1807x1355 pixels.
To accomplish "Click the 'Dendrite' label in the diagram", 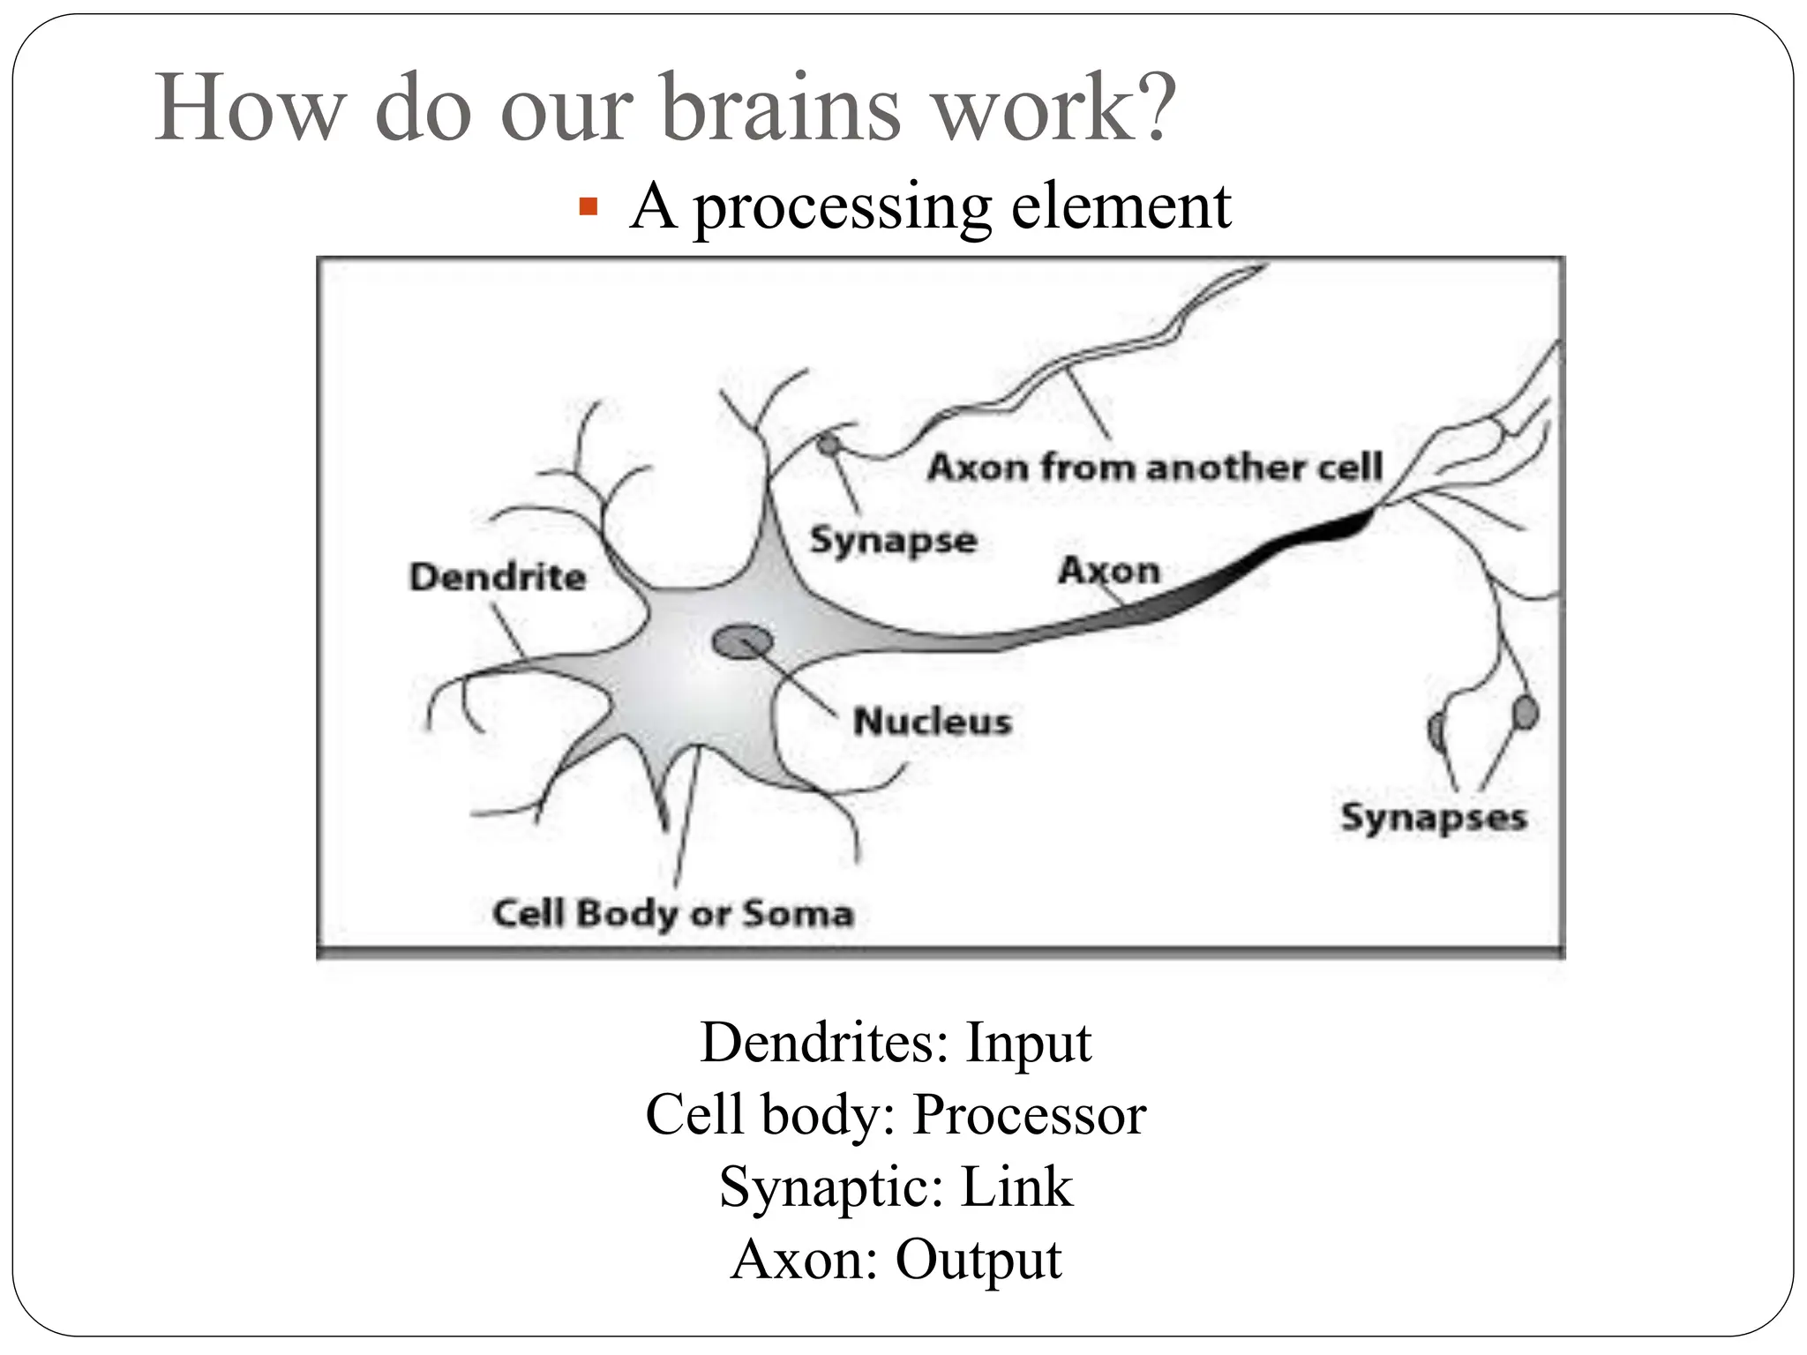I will (x=498, y=578).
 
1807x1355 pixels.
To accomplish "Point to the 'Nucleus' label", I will (x=932, y=722).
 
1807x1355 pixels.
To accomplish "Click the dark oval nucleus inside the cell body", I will (x=739, y=642).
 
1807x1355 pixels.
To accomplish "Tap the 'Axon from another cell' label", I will (x=1155, y=467).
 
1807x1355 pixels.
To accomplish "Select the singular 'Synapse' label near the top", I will (x=893, y=540).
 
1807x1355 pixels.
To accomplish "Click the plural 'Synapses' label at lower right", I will (x=1433, y=817).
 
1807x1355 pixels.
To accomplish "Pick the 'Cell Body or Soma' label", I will (x=673, y=913).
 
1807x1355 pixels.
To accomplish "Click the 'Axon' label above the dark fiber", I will (x=1108, y=571).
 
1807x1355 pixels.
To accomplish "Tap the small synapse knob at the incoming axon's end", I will (x=827, y=445).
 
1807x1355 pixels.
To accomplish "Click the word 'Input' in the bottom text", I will (x=1028, y=1043).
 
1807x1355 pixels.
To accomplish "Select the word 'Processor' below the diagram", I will (x=1029, y=1115).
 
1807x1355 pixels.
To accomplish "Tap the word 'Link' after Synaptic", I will (x=1016, y=1187).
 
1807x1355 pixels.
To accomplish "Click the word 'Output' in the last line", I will (x=978, y=1260).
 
